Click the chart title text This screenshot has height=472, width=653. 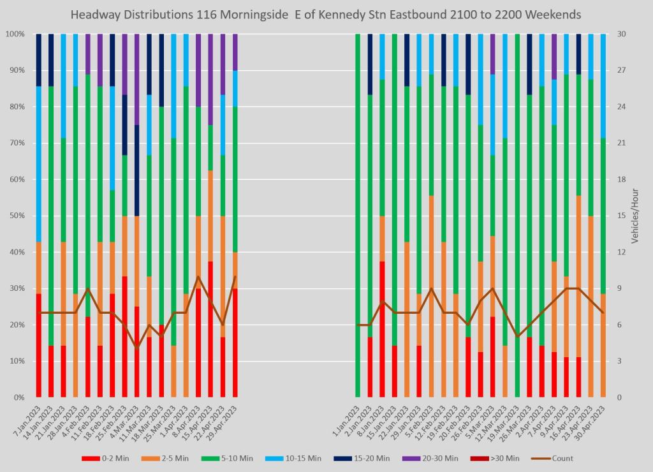[x=326, y=13]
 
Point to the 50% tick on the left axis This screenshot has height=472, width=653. [x=15, y=216]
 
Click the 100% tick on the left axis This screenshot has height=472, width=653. [x=14, y=34]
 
